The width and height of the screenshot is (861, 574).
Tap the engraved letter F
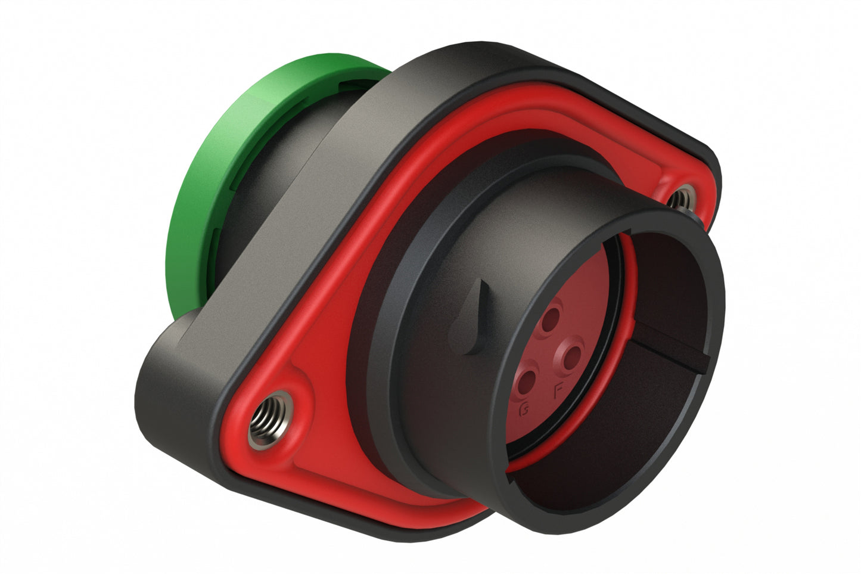tap(559, 391)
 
